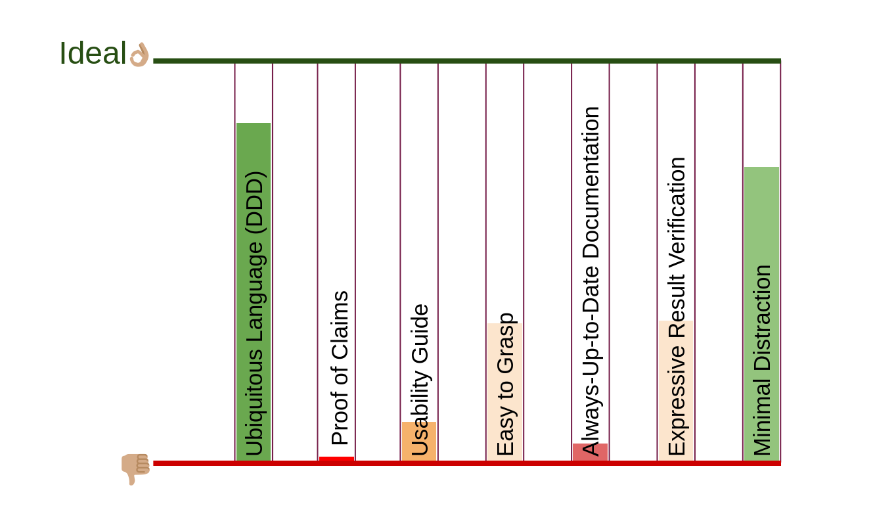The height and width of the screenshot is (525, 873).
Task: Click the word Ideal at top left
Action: [93, 53]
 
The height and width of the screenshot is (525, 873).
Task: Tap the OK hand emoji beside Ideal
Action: [139, 55]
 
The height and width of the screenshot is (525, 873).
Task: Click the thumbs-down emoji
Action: [135, 468]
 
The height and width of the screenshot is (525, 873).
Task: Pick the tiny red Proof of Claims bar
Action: [336, 459]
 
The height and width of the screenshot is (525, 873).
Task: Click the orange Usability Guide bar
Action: [419, 441]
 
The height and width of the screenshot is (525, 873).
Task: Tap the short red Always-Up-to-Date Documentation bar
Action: [590, 451]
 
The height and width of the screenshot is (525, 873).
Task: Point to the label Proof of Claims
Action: [340, 369]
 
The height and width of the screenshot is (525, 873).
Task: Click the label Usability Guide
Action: [420, 380]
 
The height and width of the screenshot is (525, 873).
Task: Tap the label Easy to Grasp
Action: [506, 384]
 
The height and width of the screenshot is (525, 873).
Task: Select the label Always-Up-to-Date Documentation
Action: [591, 281]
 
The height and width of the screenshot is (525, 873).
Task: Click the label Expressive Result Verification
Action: [676, 306]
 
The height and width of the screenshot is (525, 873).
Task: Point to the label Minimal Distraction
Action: [762, 360]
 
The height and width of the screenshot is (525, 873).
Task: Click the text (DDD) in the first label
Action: [255, 202]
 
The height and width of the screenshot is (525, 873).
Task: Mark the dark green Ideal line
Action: [466, 61]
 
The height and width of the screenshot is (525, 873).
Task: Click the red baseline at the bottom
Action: [466, 463]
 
